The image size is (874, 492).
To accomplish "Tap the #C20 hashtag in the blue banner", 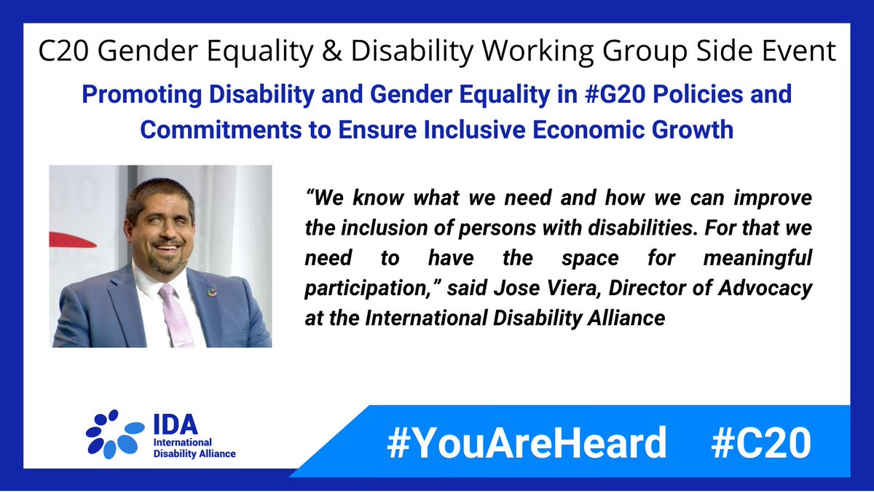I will coord(760,442).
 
